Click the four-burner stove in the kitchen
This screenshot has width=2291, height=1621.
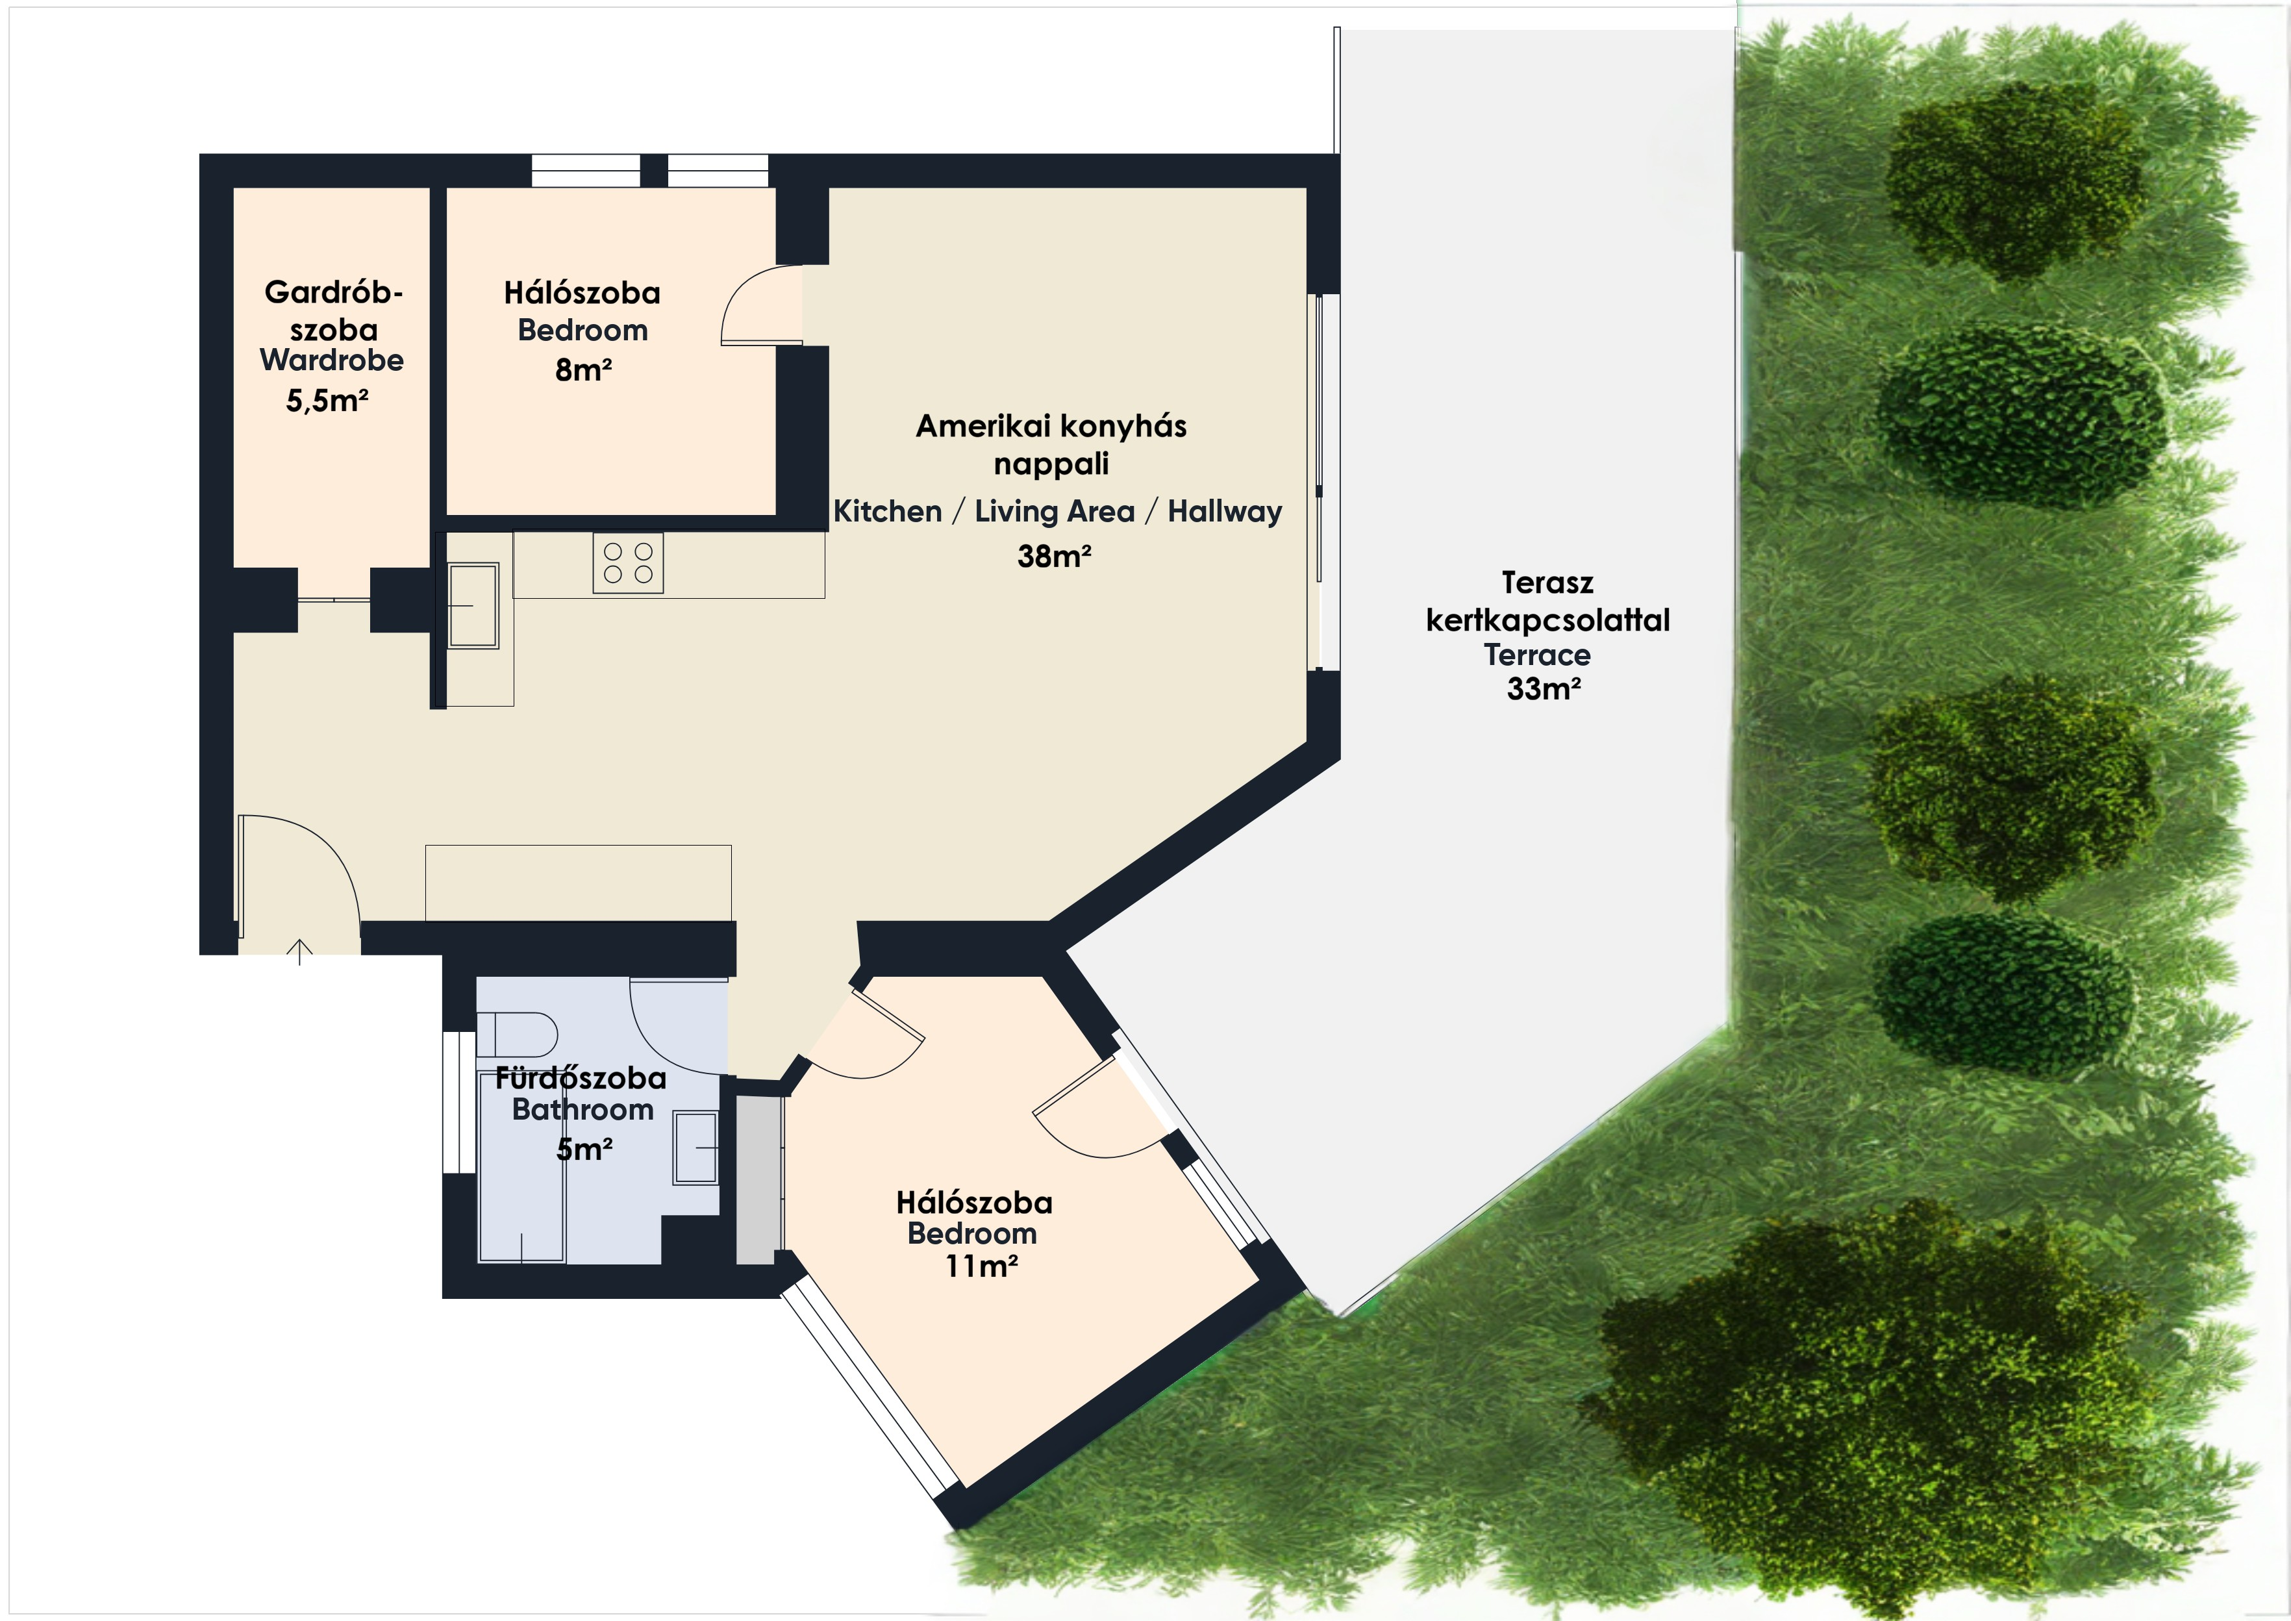click(x=628, y=563)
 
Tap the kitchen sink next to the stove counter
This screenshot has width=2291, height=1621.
click(x=473, y=606)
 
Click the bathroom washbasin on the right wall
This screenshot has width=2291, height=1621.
click(x=695, y=1147)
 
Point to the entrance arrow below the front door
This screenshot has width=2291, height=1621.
click(x=299, y=952)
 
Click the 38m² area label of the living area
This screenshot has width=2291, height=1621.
click(x=1055, y=556)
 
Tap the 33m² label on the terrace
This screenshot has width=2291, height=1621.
click(x=1544, y=688)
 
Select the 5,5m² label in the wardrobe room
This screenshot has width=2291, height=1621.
click(x=327, y=400)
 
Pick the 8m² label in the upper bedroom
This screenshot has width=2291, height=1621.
click(x=584, y=370)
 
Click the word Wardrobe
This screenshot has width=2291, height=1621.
click(x=331, y=360)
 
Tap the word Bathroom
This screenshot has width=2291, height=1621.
click(x=582, y=1109)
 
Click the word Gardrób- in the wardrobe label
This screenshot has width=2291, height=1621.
click(x=333, y=292)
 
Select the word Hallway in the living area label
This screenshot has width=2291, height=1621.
click(x=1225, y=511)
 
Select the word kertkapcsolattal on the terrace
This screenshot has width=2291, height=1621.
click(x=1547, y=620)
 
